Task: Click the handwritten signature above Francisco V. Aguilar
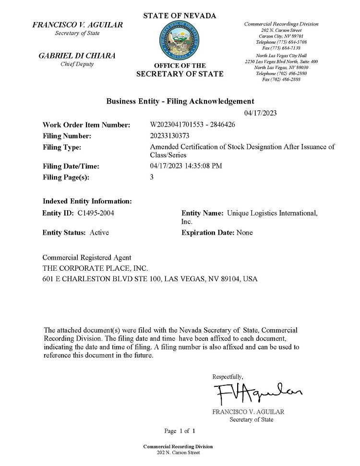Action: coord(257,393)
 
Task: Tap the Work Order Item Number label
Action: coord(86,125)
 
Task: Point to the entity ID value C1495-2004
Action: coord(96,213)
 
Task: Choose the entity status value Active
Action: coord(99,233)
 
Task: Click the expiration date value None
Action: coord(245,233)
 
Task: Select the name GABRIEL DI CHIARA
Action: coord(77,56)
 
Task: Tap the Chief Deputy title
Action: coord(77,64)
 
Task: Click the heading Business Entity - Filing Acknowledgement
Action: coord(180,101)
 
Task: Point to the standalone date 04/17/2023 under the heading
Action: coord(260,113)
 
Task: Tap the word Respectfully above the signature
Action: coord(228,377)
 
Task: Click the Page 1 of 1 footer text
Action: coord(180,430)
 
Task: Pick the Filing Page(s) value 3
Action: coord(152,177)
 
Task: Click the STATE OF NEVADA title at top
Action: coord(180,16)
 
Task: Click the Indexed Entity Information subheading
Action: coord(87,201)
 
